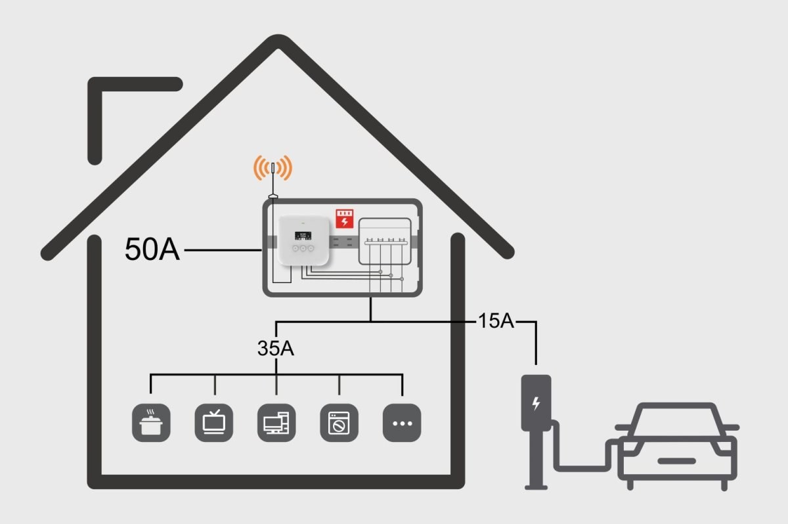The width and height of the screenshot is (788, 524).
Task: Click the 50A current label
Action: click(x=151, y=250)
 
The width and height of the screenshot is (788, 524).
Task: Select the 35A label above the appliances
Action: click(x=276, y=349)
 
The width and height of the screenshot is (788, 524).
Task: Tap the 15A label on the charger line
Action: click(x=496, y=322)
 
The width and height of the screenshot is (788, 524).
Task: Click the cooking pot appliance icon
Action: click(x=152, y=422)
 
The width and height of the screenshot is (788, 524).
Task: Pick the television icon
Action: click(x=214, y=422)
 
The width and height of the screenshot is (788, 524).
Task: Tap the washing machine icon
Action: click(x=339, y=422)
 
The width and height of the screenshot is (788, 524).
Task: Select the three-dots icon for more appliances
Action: click(x=401, y=422)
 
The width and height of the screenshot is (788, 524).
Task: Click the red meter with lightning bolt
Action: click(x=344, y=218)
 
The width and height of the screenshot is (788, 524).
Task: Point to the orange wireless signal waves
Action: click(x=273, y=168)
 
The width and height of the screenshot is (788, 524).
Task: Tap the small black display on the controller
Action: click(x=301, y=233)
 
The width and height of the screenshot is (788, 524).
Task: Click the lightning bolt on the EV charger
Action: click(x=536, y=403)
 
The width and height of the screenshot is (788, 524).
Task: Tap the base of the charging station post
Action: click(x=536, y=485)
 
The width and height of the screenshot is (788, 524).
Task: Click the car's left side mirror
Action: click(x=620, y=427)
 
